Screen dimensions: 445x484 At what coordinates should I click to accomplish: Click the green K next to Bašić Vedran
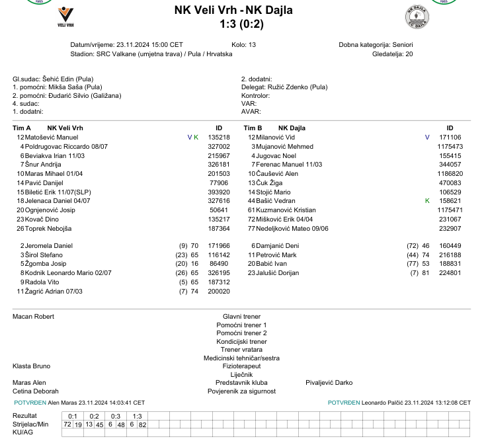point(427,200)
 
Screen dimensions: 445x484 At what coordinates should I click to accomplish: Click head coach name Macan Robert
point(34,317)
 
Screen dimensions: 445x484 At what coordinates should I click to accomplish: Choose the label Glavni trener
point(241,317)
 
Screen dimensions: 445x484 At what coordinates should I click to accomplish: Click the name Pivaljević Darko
point(329,382)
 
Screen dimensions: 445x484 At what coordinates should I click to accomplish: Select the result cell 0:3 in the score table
point(116,415)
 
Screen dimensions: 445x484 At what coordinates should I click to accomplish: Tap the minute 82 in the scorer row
point(142,424)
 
